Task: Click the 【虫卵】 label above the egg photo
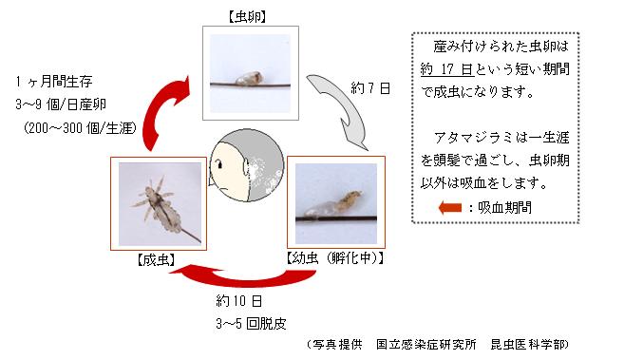(236, 15)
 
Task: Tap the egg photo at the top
(238, 67)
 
